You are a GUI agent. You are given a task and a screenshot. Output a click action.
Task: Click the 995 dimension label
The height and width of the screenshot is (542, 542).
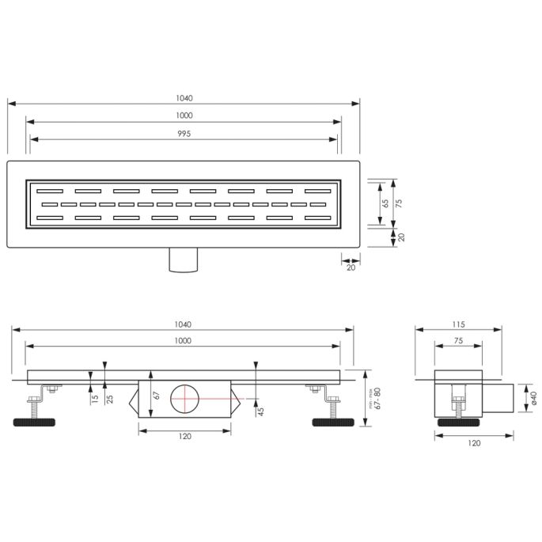tap(184, 133)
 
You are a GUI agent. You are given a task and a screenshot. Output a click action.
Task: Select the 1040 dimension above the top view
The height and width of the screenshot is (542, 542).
tap(184, 98)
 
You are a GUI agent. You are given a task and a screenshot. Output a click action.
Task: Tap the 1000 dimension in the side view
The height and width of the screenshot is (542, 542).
tap(184, 340)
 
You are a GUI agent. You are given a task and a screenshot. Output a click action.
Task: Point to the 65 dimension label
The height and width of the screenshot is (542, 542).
tap(386, 203)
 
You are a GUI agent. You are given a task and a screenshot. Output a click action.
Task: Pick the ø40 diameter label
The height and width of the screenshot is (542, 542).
tap(534, 400)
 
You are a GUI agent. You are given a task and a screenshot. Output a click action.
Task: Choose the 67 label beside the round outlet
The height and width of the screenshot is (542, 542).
tap(157, 394)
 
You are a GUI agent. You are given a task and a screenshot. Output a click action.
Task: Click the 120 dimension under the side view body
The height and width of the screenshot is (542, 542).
tap(185, 435)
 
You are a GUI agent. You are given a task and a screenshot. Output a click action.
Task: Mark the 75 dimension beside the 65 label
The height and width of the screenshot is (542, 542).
tap(400, 203)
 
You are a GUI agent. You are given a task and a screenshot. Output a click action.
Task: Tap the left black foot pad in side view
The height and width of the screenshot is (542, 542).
tap(36, 422)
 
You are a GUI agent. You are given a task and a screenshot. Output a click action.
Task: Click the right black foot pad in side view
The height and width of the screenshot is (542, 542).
tap(333, 422)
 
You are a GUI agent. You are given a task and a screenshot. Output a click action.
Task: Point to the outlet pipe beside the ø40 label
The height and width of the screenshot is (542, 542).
tap(499, 399)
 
